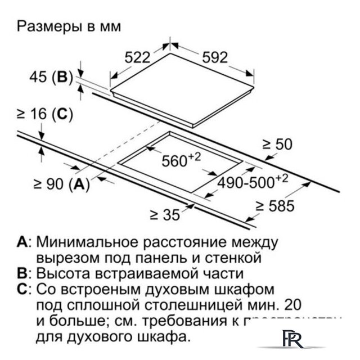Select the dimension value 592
coord(214,57)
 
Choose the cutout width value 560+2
coord(181,161)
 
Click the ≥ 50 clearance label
coord(277,144)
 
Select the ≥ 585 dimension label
coord(274,205)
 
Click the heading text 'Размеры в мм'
coord(69,26)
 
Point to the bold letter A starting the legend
coord(22,242)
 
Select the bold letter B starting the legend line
coord(22,274)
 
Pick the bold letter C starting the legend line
coord(22,290)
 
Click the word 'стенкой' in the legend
coord(232,258)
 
